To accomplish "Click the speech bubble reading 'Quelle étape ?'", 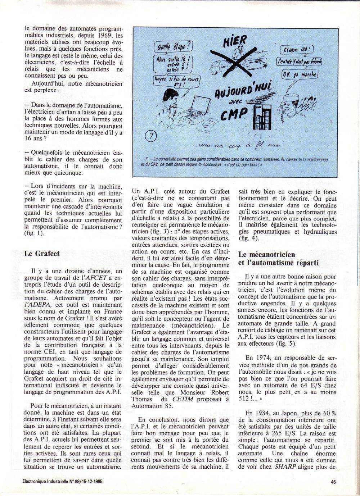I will pyautogui.click(x=173, y=46).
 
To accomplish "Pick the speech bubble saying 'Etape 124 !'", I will pyautogui.click(x=297, y=50).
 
